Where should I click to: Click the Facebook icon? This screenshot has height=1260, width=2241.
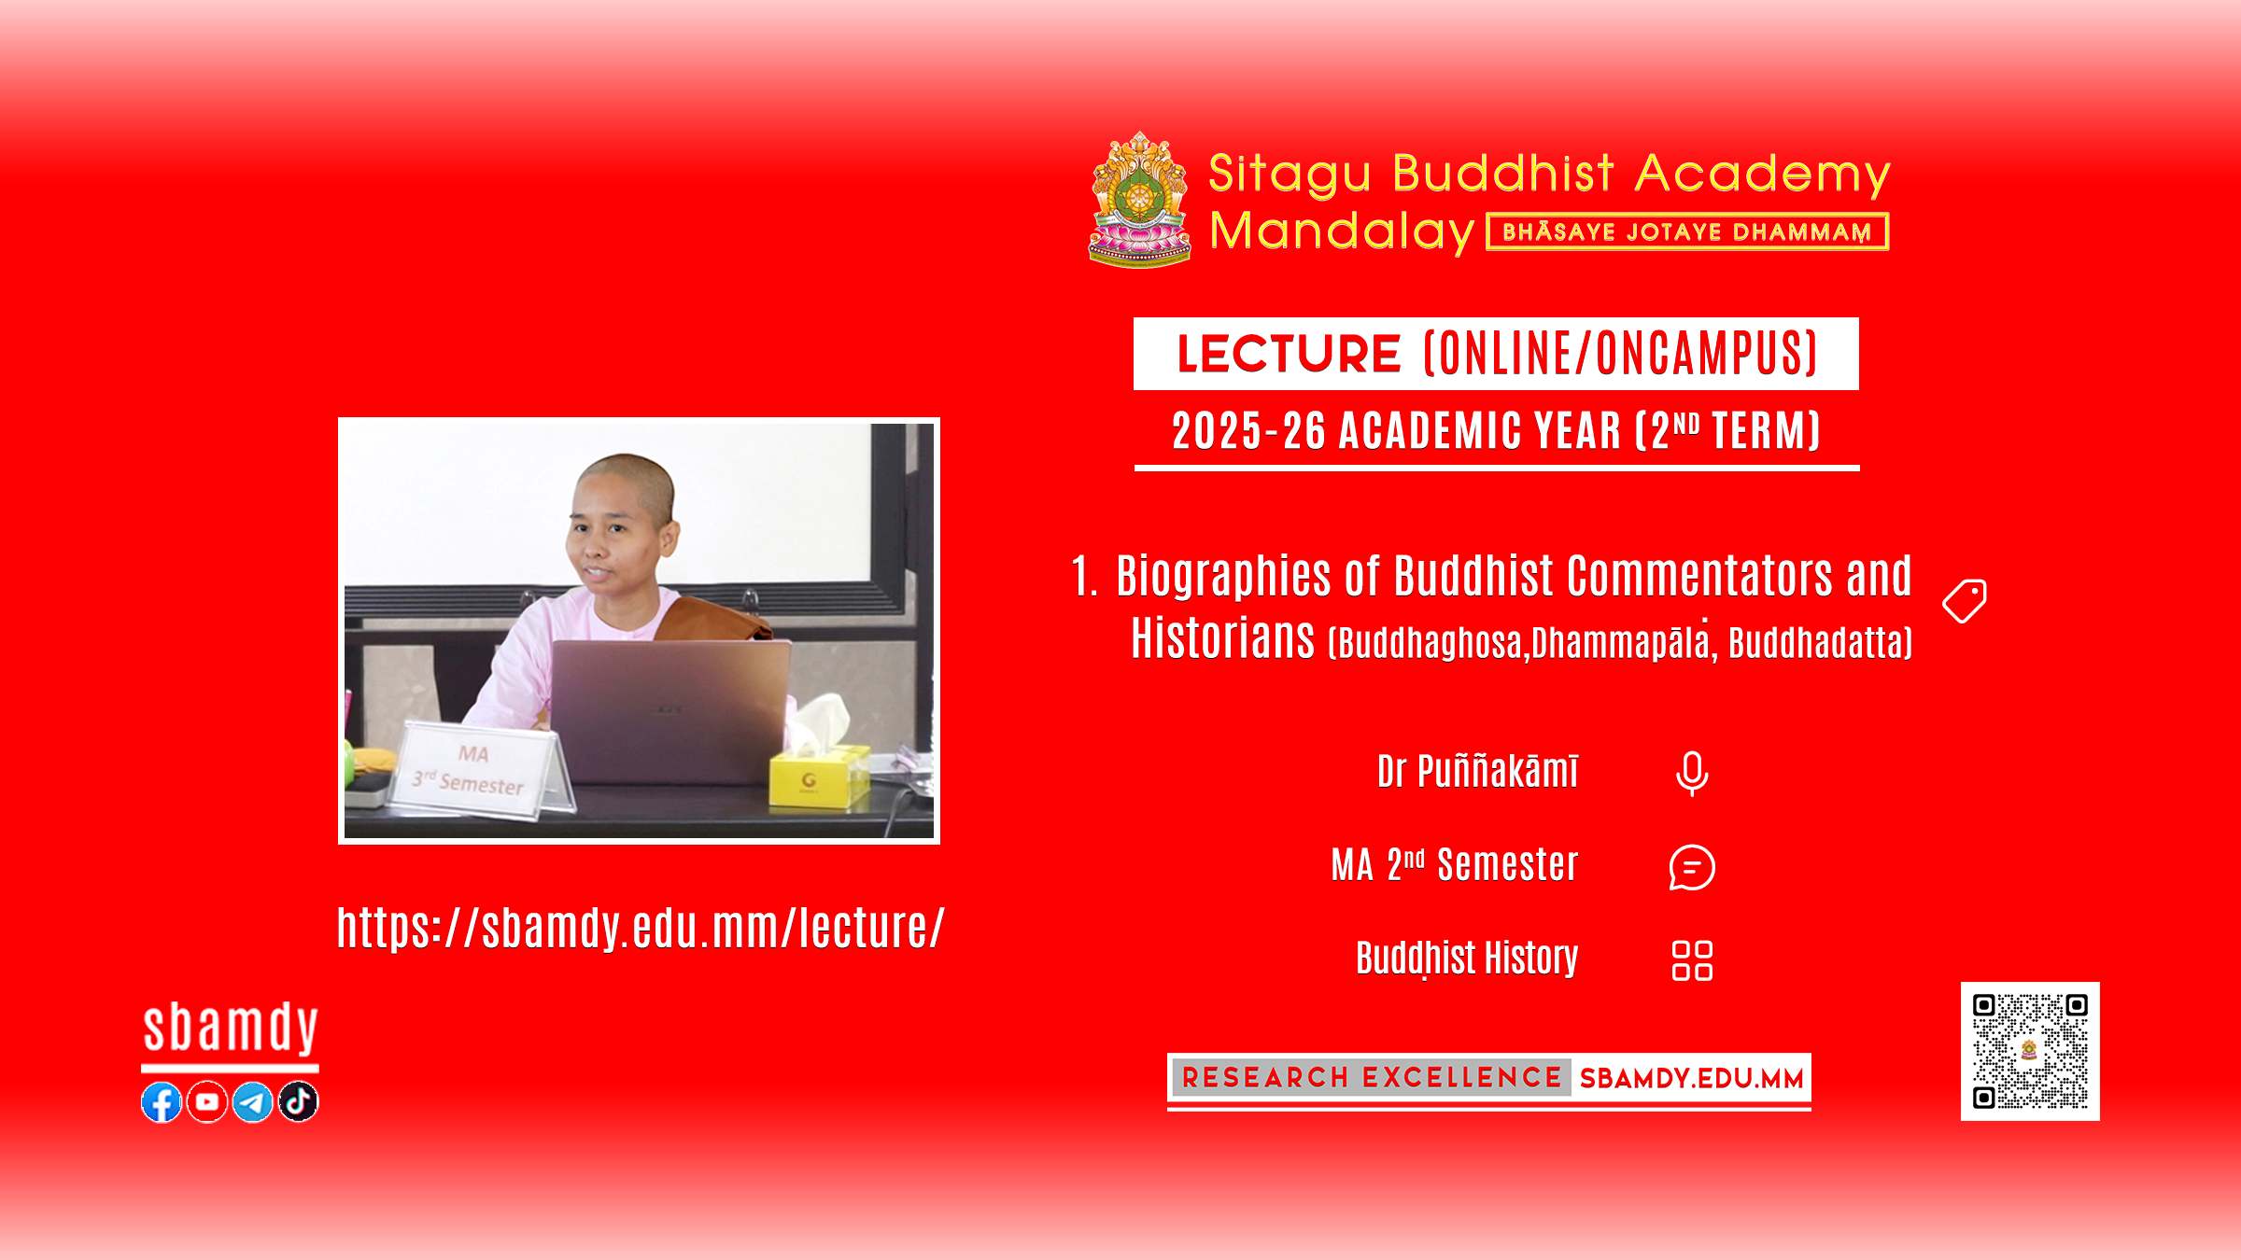coord(162,1102)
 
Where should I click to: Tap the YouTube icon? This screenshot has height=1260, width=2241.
coord(207,1102)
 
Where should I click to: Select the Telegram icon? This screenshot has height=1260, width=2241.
coord(252,1102)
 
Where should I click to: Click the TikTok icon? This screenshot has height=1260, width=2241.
coord(299,1102)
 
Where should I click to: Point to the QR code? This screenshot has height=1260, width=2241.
coord(2030,1051)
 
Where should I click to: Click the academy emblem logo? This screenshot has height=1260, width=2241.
coord(1140,200)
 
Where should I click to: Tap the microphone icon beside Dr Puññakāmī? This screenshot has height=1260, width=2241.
coord(1692,774)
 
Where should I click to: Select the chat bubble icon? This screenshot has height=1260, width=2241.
coord(1692,867)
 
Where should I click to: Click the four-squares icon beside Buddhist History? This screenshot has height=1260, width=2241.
coord(1692,960)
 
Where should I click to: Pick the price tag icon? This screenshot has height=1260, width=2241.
coord(1965,601)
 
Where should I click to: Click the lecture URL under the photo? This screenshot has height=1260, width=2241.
coord(641,928)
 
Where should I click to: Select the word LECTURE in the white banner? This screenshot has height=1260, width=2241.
coord(1289,354)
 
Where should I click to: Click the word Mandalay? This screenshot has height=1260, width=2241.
coord(1342,231)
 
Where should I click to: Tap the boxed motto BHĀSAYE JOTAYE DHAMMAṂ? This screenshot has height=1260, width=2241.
coord(1687,231)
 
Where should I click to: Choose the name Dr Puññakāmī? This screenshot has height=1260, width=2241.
coord(1478,772)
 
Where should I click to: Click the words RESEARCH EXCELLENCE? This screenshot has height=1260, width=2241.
coord(1372,1078)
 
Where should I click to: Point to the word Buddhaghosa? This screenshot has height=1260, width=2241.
coord(1429,643)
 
